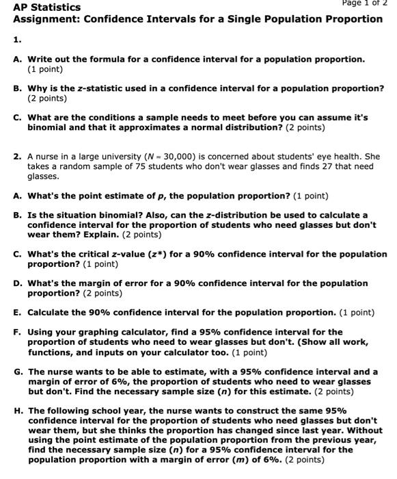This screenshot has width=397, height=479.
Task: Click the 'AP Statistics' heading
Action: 46,7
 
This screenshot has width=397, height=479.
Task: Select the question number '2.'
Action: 17,157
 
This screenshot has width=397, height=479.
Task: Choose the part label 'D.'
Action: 18,283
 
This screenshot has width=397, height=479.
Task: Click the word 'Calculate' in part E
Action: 51,313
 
